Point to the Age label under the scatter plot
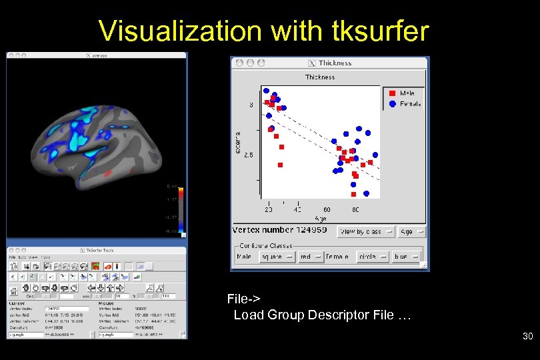(x=321, y=218)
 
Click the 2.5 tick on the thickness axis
(x=247, y=155)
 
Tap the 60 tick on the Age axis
(x=327, y=209)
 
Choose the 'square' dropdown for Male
(x=276, y=257)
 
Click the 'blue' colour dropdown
(x=406, y=257)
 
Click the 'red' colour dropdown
(x=310, y=257)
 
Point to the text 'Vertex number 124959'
(x=280, y=230)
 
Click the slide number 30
(x=527, y=337)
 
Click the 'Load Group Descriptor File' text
(x=322, y=315)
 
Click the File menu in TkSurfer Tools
(x=11, y=257)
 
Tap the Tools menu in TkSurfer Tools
(x=45, y=257)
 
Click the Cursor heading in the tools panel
(x=16, y=302)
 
